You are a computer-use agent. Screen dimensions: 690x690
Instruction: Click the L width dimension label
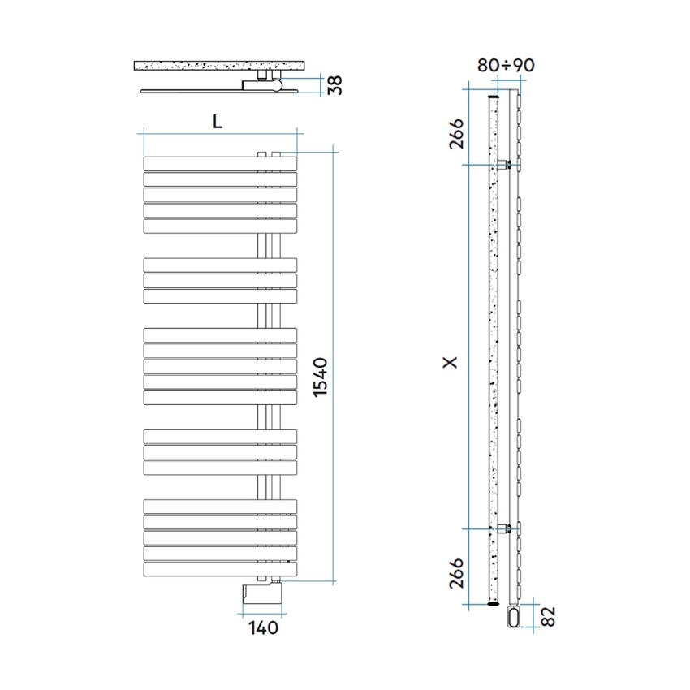217,121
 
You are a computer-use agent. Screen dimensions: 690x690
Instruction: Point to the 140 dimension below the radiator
264,627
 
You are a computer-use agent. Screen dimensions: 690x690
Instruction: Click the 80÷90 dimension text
505,66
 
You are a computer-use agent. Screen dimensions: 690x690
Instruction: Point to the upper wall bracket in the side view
507,165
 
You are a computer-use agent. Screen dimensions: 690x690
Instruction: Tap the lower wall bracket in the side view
507,528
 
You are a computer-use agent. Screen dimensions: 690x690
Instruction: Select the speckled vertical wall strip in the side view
492,349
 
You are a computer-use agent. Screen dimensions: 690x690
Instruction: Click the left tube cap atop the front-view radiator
261,153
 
